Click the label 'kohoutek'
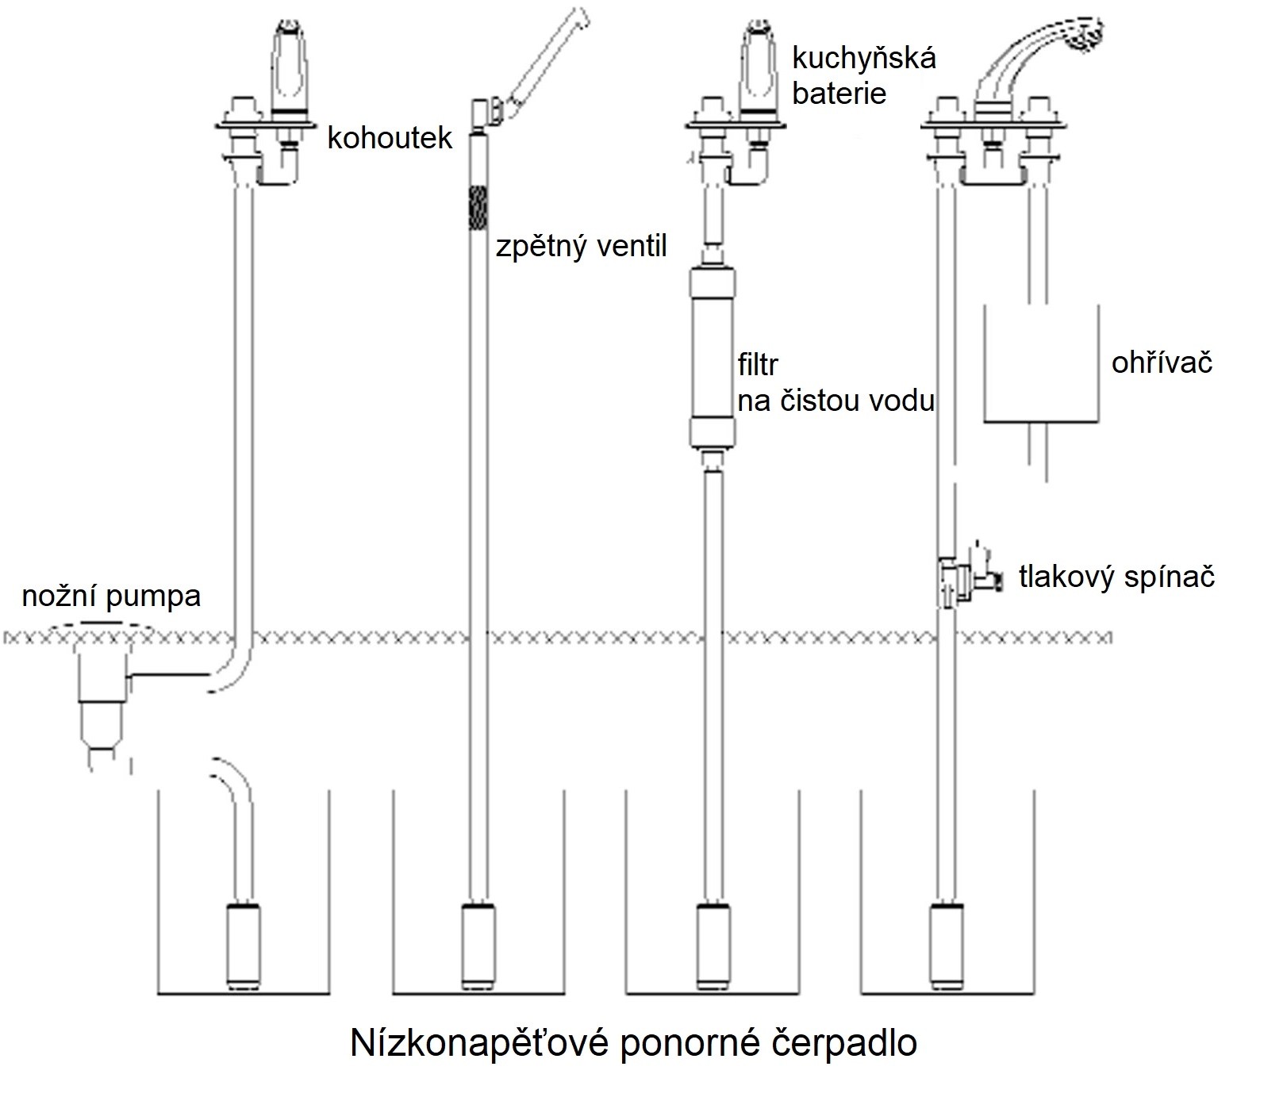click(390, 138)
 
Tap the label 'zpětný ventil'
click(581, 247)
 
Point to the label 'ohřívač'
click(1162, 363)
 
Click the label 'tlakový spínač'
click(1117, 577)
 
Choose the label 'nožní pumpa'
click(111, 596)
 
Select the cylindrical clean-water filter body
click(712, 357)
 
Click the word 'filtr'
click(758, 365)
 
